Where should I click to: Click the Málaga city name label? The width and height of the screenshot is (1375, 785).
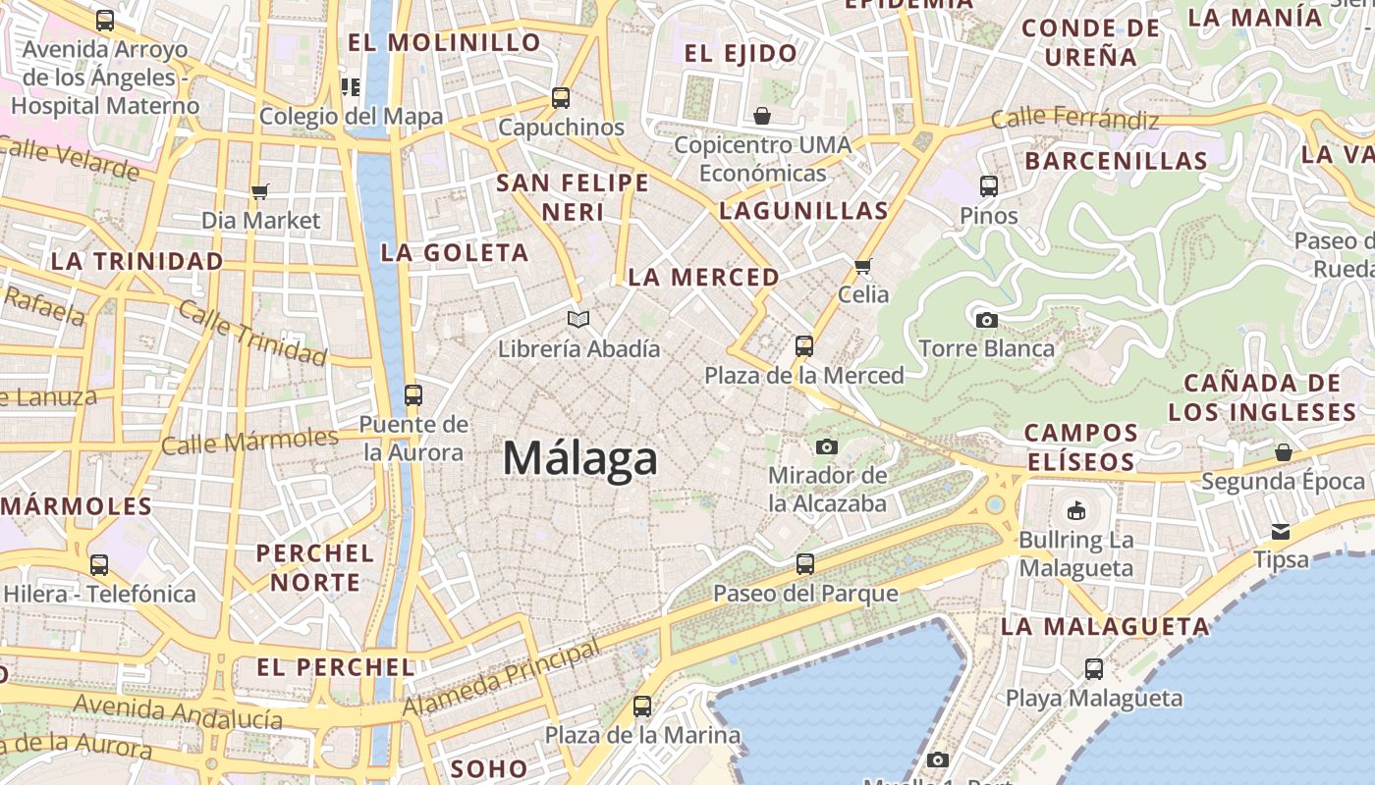click(579, 459)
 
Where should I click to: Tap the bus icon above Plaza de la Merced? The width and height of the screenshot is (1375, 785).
click(804, 345)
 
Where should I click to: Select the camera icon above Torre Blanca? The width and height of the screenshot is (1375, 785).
click(987, 320)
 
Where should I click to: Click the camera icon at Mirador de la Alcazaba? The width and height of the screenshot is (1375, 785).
click(827, 447)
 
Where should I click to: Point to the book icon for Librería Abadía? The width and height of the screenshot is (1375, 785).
click(579, 319)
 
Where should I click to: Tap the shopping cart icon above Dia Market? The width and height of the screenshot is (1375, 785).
click(260, 191)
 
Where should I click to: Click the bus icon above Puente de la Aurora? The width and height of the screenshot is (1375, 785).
click(413, 395)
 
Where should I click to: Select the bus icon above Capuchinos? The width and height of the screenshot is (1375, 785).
click(561, 98)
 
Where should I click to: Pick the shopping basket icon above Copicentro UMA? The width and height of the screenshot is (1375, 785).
click(762, 116)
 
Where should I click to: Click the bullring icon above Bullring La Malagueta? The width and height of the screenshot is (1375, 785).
click(1076, 510)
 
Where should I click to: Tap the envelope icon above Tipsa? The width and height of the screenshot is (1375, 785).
click(1281, 532)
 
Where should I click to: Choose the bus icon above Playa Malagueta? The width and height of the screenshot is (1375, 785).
click(1094, 669)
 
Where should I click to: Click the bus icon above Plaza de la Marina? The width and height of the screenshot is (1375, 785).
click(642, 706)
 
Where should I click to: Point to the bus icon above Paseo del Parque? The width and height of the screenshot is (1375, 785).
click(805, 564)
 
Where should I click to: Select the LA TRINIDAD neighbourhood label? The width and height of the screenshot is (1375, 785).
click(137, 262)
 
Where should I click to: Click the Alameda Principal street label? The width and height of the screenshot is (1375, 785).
click(501, 678)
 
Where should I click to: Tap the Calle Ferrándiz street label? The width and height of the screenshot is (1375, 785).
click(1074, 120)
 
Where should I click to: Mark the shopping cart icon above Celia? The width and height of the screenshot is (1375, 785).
click(863, 266)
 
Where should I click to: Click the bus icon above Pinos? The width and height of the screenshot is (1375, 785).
click(989, 185)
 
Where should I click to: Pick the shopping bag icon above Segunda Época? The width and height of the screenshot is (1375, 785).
click(1283, 452)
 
